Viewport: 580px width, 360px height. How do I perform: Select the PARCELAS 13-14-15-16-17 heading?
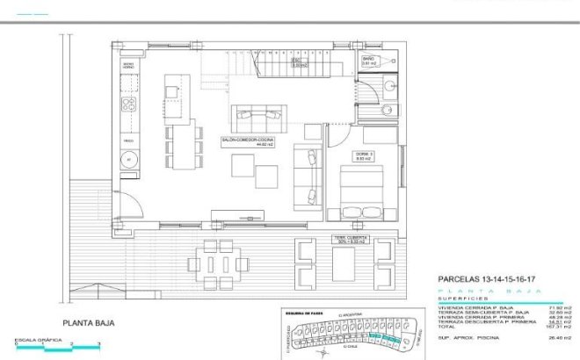click(489, 279)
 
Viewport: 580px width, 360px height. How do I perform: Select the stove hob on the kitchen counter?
click(127, 104)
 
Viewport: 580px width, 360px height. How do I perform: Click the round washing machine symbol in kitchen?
click(127, 161)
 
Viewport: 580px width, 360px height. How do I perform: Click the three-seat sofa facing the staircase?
click(258, 115)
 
